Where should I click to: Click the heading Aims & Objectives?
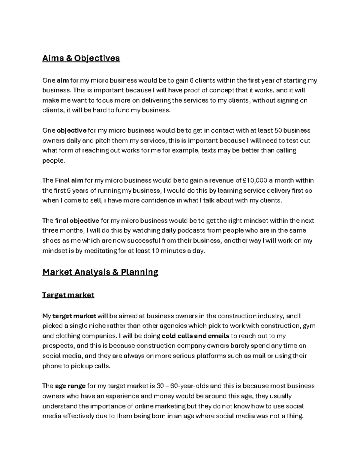81,58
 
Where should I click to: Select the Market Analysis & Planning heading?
100,272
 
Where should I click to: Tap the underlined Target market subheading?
68,295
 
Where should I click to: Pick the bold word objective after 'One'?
72,131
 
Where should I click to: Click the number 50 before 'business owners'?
278,131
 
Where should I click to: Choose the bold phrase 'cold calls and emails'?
196,336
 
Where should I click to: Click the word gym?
309,326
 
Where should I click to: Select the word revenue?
223,181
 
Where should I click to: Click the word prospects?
55,346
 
